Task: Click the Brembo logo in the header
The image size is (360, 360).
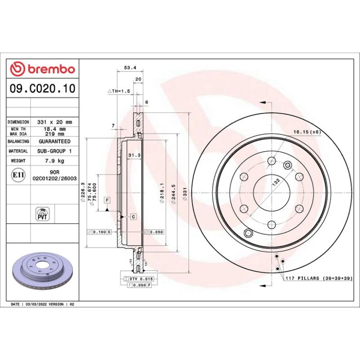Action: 42,69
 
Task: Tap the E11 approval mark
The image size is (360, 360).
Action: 18,175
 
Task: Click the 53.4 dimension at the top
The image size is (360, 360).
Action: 130,68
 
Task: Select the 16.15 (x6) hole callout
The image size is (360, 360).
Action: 306,131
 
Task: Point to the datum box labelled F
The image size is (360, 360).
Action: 108,199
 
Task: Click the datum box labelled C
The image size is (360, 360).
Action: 134,217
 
